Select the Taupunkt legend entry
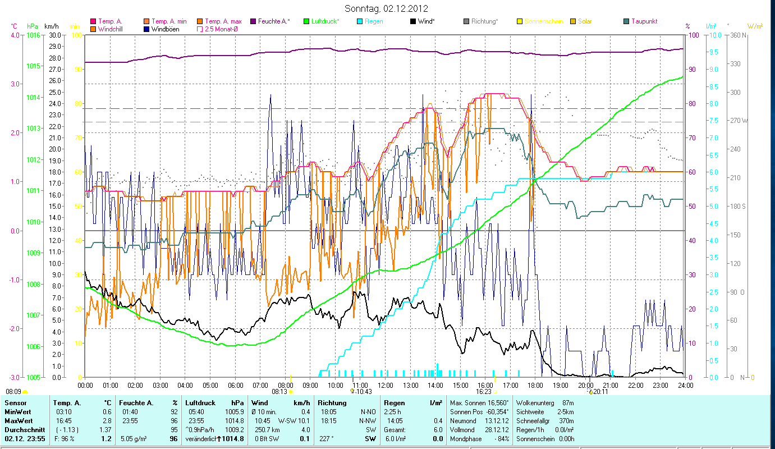coord(644,21)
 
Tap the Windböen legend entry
coord(165,29)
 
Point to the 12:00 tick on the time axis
coord(386,385)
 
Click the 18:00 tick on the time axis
coord(535,385)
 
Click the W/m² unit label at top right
coord(755,26)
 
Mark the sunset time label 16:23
coord(484,392)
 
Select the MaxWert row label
coord(17,420)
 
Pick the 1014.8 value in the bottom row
coord(233,438)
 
